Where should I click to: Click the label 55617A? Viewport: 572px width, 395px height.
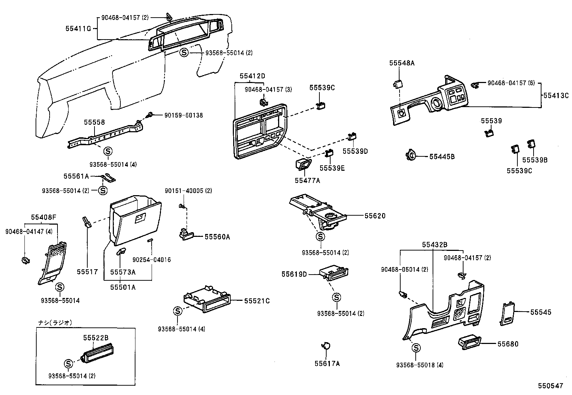327,363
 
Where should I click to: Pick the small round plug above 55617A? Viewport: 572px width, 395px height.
326,346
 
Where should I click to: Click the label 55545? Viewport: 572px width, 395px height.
540,312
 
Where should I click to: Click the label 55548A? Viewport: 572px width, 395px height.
402,63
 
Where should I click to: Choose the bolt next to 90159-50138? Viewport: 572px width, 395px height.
150,115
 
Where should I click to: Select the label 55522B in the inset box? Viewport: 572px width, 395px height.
96,338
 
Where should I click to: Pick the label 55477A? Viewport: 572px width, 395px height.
307,181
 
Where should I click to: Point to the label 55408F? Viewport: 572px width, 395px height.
43,217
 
